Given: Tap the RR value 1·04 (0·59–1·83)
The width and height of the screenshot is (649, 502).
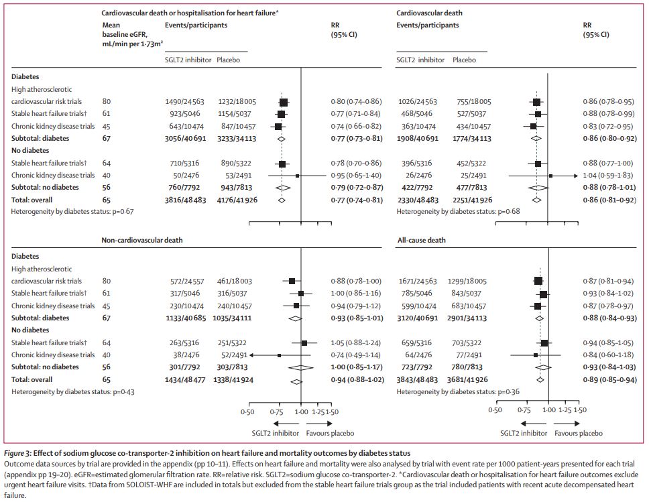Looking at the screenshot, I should [611, 175].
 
